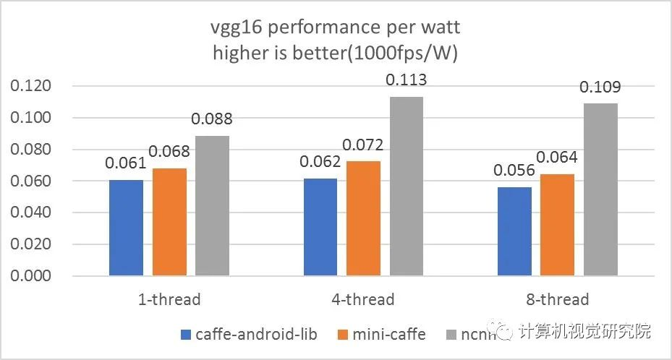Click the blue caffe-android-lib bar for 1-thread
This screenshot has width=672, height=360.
126,227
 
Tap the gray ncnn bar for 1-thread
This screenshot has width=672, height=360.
212,205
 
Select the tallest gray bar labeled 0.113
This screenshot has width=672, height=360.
405,186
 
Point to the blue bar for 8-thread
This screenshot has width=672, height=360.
515,231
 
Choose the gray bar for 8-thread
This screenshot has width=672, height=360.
600,189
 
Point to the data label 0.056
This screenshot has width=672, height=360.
514,171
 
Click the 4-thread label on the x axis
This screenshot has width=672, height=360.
362,299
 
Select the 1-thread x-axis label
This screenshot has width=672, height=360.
169,299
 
